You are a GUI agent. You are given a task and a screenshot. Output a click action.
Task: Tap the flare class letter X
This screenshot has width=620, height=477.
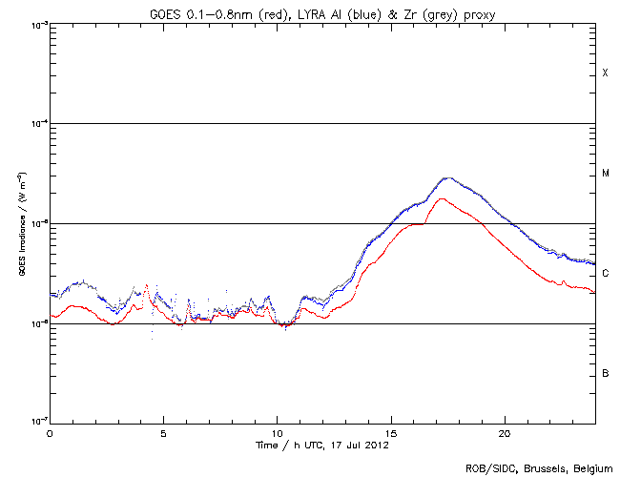tap(605, 73)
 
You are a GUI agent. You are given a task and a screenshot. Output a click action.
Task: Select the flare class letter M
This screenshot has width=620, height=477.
tap(605, 174)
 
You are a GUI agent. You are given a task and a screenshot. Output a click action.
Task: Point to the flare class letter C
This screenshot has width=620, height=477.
tap(605, 274)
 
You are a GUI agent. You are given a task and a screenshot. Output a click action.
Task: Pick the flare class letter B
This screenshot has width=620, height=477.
tap(605, 373)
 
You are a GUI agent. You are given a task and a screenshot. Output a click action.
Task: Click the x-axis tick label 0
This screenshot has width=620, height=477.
tap(50, 433)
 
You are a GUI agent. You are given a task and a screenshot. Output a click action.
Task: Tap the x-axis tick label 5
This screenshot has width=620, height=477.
tap(163, 433)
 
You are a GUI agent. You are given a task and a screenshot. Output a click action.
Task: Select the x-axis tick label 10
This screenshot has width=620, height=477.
tap(277, 433)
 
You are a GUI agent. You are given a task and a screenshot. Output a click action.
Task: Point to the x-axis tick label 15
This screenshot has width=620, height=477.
tap(391, 433)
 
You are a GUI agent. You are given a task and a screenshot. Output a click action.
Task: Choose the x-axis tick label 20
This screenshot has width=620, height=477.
tap(505, 433)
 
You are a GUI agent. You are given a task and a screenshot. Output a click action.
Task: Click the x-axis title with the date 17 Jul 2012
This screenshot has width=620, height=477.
tap(322, 445)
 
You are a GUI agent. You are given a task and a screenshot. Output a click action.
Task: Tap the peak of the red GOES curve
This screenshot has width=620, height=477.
tap(440, 198)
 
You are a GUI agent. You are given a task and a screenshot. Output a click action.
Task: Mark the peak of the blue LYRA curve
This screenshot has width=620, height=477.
tap(446, 178)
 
